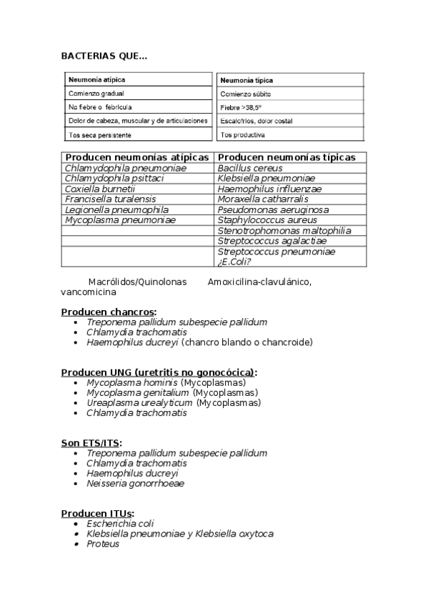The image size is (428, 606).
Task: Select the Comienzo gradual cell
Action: [x=94, y=94]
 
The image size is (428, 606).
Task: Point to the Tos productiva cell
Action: [x=243, y=134]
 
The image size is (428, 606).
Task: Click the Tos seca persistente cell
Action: [x=99, y=134]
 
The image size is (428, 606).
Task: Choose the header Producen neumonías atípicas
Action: [x=136, y=157]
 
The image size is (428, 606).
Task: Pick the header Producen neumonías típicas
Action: [x=286, y=157]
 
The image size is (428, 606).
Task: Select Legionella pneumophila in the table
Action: [x=116, y=210]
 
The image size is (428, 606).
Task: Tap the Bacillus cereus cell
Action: [x=250, y=168]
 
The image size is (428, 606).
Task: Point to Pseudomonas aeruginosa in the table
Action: [x=273, y=210]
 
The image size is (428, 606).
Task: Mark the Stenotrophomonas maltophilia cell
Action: [x=284, y=231]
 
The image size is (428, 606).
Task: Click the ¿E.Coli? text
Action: [x=237, y=262]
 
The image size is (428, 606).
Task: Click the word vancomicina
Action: [x=89, y=292]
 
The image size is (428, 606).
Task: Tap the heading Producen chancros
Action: [x=108, y=312]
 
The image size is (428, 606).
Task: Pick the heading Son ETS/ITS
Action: [x=91, y=443]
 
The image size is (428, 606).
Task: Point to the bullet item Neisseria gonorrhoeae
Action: [x=135, y=483]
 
